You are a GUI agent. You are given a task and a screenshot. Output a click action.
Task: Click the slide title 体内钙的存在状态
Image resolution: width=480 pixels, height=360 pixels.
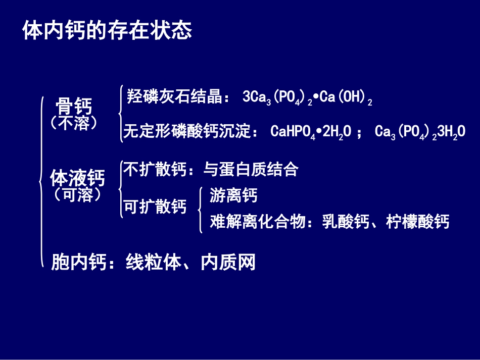pos(107,30)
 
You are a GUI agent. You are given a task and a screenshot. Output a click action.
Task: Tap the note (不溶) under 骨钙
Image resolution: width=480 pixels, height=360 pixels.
pos(74,123)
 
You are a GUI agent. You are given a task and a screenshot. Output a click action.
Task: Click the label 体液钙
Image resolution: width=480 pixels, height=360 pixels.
pos(77,178)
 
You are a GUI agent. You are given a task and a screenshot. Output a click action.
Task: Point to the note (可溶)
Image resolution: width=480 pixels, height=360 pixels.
pos(77,195)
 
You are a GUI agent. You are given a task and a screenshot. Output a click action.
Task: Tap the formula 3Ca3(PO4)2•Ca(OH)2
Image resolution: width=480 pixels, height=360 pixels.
pos(307,97)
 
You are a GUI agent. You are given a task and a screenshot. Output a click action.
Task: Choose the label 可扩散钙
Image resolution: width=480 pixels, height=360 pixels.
pos(155,207)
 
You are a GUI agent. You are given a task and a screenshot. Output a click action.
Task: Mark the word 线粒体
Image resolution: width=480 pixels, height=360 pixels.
pos(153,263)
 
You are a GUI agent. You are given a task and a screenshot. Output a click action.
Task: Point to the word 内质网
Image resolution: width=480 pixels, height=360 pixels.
pos(228,263)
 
